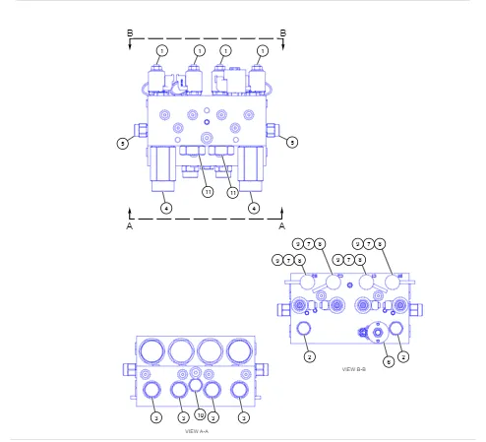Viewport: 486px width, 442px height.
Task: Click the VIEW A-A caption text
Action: [x=197, y=431]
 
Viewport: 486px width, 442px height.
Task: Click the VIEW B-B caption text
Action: [x=354, y=369]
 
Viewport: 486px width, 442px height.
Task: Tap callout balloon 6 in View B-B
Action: [x=389, y=361]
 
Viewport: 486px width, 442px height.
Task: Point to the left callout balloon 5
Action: [x=123, y=143]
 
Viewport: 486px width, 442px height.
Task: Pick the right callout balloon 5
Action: [x=292, y=143]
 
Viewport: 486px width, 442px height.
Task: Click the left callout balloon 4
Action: [x=165, y=208]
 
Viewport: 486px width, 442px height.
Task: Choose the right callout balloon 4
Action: [x=254, y=208]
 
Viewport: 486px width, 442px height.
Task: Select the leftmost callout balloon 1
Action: [x=162, y=49]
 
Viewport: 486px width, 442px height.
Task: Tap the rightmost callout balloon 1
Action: [x=263, y=49]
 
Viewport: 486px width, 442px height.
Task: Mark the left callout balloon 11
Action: [x=208, y=192]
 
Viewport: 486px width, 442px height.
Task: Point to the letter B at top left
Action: [x=130, y=33]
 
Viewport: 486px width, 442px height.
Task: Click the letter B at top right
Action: [x=283, y=33]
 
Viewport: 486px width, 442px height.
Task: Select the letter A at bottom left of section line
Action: [x=130, y=224]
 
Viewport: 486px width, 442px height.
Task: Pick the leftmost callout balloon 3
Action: [x=155, y=417]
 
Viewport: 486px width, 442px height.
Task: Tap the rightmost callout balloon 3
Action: [x=243, y=417]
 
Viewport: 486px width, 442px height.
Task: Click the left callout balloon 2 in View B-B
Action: [x=309, y=355]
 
